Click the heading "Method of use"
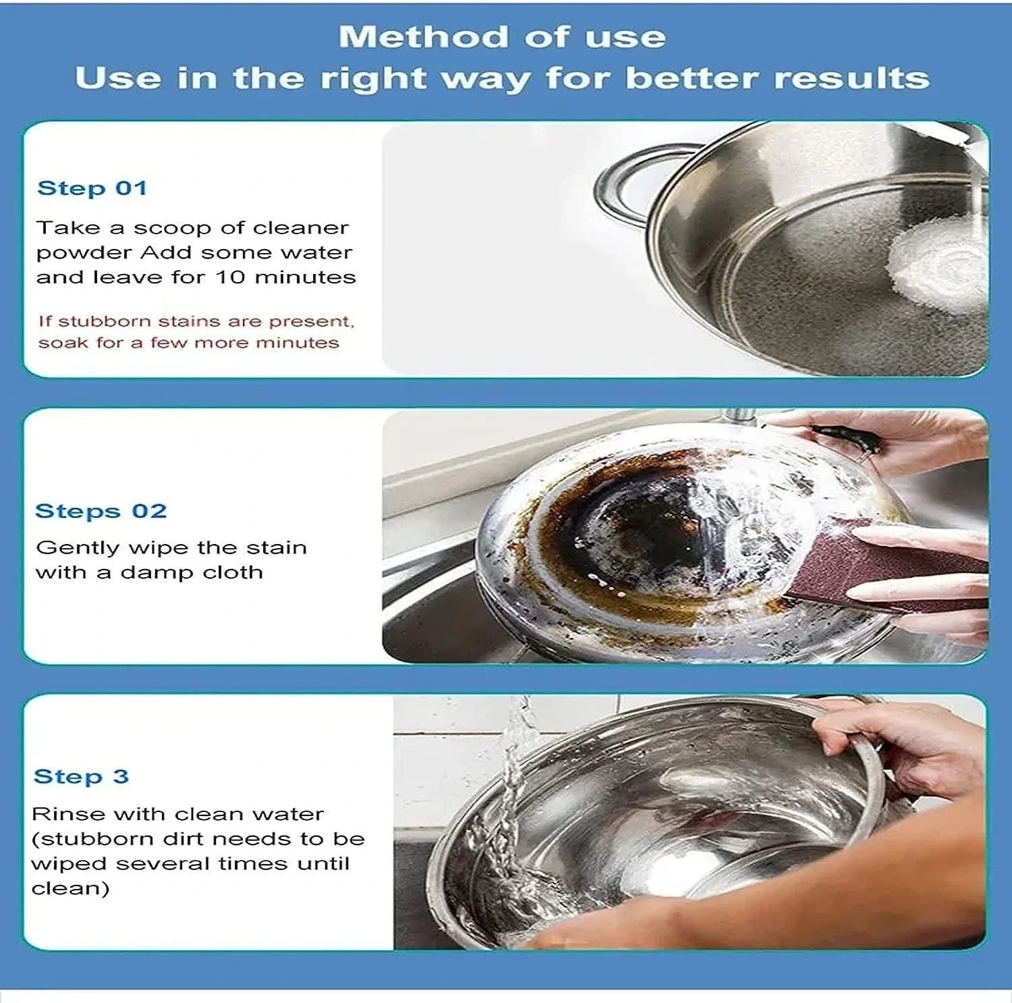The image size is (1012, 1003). click(502, 36)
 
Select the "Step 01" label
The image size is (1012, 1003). click(92, 188)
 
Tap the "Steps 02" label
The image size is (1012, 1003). click(101, 511)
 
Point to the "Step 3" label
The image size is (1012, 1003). click(81, 776)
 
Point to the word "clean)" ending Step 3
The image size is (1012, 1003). click(70, 888)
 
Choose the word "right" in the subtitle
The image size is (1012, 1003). click(359, 78)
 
